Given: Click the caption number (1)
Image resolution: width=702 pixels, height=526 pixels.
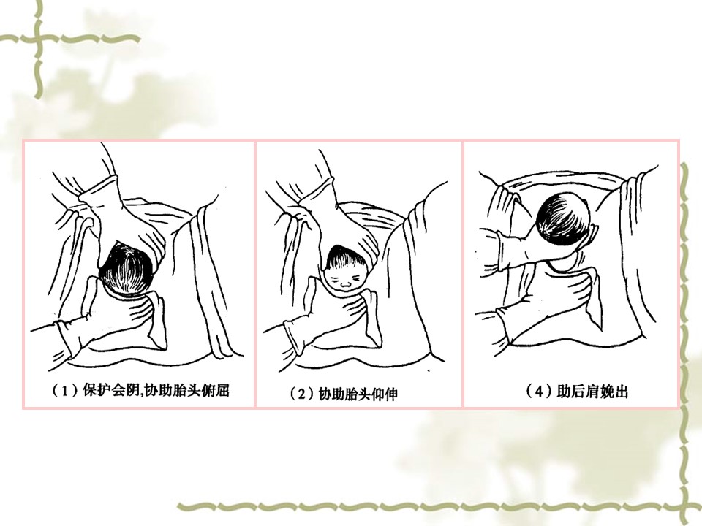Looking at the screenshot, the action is point(65,390).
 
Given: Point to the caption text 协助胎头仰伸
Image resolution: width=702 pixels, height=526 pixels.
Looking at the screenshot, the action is point(358,394).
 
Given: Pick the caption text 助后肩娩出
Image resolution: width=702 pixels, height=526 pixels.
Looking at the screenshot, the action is point(592,391).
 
